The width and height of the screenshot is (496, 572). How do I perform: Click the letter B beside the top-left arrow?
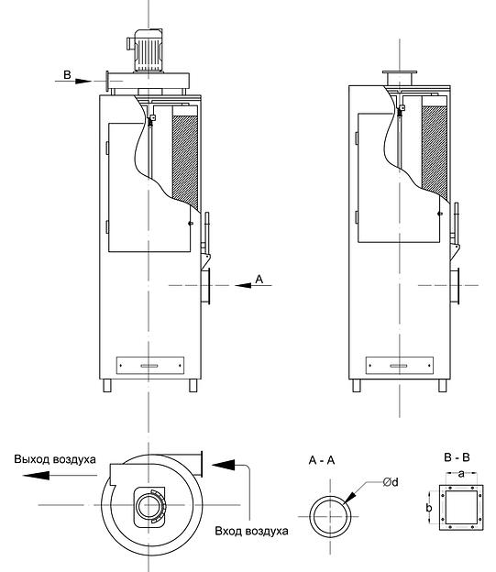click(67, 75)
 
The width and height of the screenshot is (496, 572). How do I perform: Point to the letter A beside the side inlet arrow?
click(259, 279)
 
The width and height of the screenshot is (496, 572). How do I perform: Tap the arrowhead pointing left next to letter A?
click(243, 285)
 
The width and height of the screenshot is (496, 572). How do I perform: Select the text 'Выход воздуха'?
click(55, 459)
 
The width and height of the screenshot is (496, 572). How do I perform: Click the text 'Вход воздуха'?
click(251, 531)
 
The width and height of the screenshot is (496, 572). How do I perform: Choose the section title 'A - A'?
click(322, 460)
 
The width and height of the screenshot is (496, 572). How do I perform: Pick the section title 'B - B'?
click(457, 457)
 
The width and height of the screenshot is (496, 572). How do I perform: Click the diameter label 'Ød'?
click(391, 482)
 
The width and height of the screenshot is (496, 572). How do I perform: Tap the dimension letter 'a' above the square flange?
click(461, 474)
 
